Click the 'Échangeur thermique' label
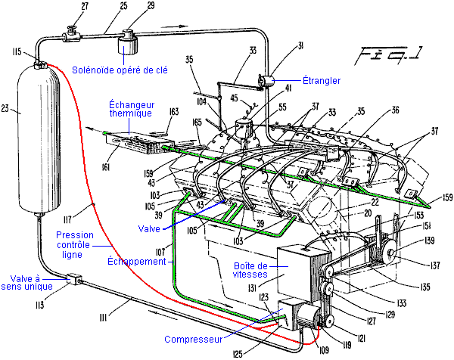(130, 108)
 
